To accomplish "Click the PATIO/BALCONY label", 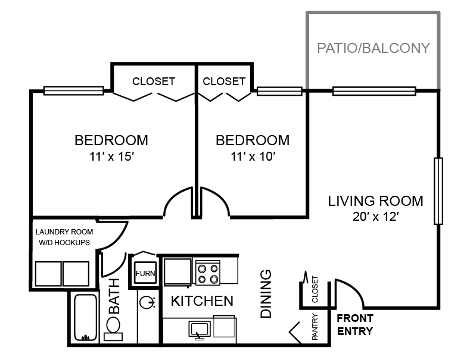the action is point(373,48).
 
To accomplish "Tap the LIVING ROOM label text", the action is point(375,201).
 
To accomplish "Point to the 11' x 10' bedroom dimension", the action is point(253,156).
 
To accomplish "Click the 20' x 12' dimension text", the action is point(376,217).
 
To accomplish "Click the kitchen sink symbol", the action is point(200,330).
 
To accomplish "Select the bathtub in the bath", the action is point(86,318).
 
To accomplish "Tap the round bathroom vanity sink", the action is point(147,302).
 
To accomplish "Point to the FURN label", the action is point(145,274).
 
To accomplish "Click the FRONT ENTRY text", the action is point(355,325).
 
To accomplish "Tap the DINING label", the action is point(266,294).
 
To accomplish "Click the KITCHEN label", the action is point(203,301).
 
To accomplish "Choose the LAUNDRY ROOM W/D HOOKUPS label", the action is point(64,237).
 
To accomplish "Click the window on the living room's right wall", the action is point(438,191).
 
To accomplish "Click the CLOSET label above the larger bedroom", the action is point(154,81).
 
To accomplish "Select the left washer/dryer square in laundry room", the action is point(48,274).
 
